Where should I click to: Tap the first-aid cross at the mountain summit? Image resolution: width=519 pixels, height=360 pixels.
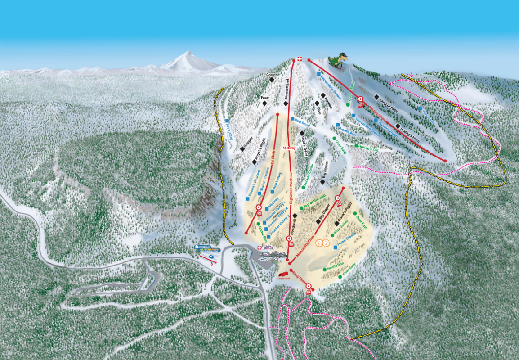click(x=300, y=59)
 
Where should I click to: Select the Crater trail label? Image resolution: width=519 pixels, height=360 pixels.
click(x=270, y=74)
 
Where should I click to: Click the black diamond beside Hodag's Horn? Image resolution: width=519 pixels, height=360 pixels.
click(x=398, y=126)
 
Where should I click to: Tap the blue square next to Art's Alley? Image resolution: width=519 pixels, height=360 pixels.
click(x=227, y=121)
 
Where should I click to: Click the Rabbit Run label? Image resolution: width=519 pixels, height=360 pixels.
click(x=346, y=130)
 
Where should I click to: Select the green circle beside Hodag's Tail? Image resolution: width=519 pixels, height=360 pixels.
click(x=356, y=145)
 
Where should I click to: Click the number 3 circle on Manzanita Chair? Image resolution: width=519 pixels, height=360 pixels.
click(x=338, y=197)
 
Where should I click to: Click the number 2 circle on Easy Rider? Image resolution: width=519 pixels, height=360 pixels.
click(x=309, y=285)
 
